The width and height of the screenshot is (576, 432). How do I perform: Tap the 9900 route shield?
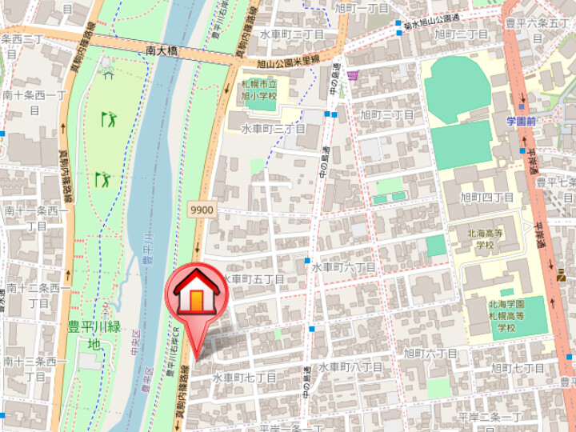202,210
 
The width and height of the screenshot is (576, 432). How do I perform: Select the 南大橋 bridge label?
162,50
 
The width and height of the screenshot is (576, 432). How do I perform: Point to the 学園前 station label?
521,121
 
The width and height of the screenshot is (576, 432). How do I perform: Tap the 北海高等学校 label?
486,238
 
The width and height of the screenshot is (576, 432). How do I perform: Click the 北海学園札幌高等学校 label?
508,316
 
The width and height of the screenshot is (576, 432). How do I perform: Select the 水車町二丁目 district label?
292,35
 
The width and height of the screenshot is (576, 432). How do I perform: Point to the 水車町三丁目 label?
274,129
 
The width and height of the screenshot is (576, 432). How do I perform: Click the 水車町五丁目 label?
253,279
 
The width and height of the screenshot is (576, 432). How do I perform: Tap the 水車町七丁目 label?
244,377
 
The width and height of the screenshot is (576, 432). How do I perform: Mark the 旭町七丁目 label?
518,367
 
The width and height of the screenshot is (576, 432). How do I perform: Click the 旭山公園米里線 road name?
289,61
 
